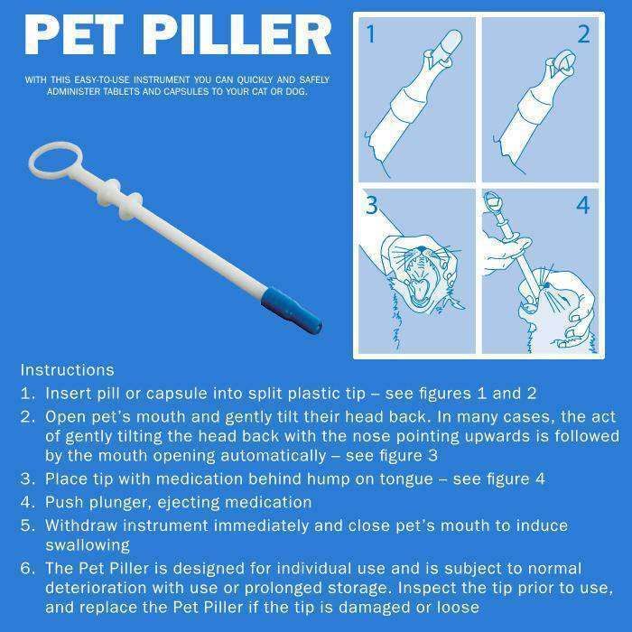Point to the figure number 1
click(x=371, y=35)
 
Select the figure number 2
click(x=583, y=35)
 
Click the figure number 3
click(x=371, y=206)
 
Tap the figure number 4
click(x=583, y=206)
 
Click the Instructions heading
click(x=67, y=370)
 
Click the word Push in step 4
click(x=63, y=502)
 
